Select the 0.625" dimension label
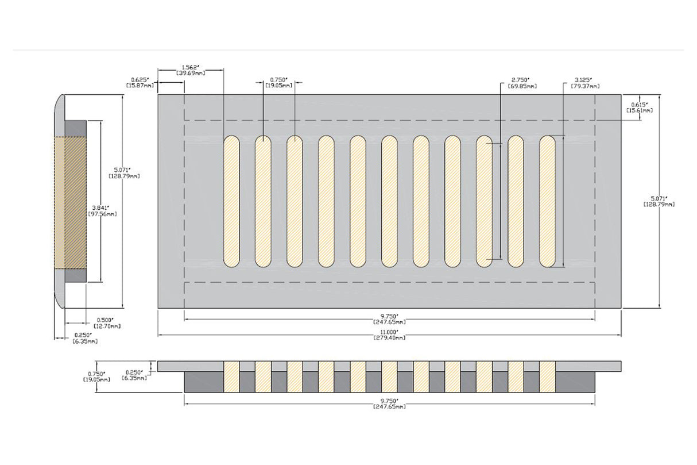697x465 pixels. point(140,79)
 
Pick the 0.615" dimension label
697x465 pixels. point(639,103)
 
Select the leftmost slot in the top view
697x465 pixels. point(231,201)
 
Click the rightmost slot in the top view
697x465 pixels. point(547,201)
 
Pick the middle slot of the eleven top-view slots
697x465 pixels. point(389,201)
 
